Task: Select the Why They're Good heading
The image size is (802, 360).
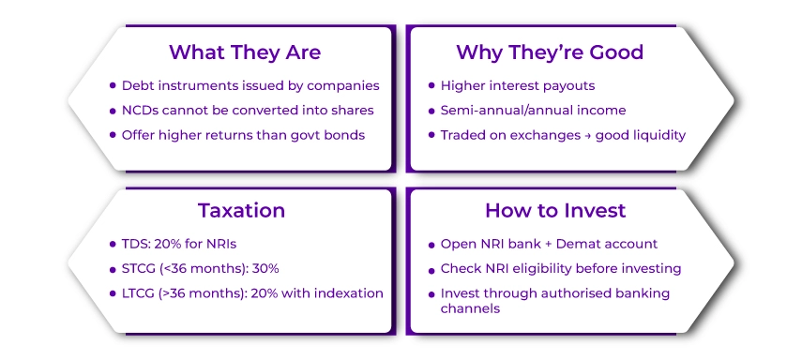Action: (x=550, y=52)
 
